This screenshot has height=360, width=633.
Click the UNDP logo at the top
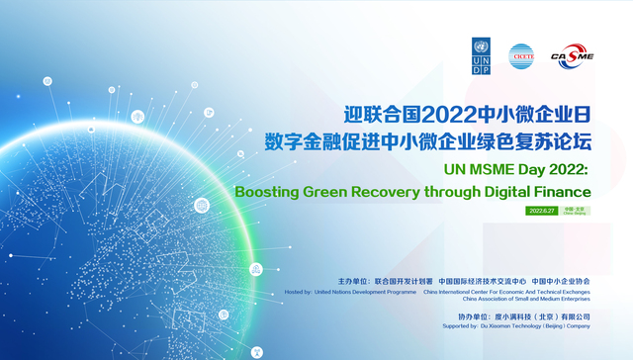tap(481, 56)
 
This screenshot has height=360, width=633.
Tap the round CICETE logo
tap(521, 56)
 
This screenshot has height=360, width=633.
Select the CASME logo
tap(572, 57)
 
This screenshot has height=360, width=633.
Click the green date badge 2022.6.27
tap(542, 211)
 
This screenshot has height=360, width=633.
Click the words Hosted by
tap(297, 292)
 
